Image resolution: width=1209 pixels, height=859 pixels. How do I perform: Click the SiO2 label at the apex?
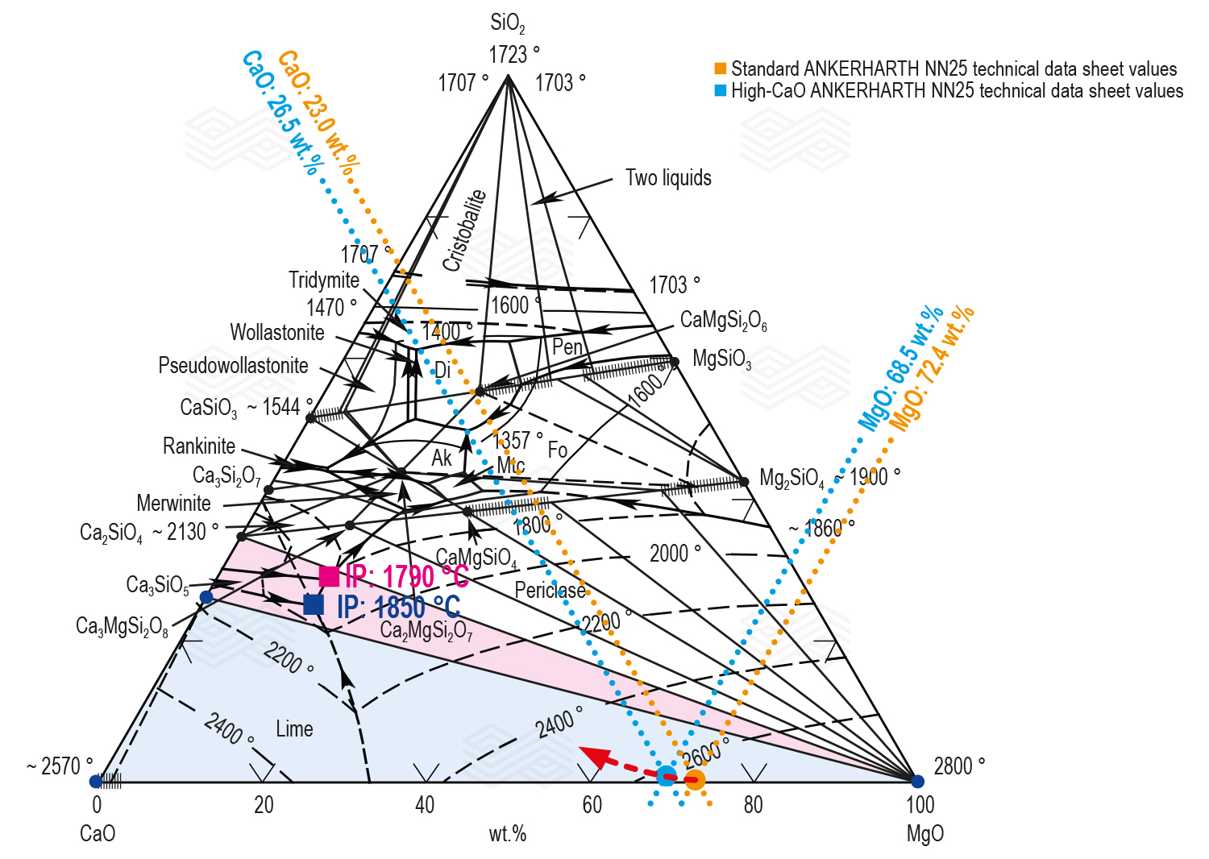click(x=507, y=24)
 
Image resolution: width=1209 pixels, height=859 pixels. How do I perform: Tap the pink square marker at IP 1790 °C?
click(x=329, y=576)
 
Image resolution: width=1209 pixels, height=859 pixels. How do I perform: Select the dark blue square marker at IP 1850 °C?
click(x=314, y=604)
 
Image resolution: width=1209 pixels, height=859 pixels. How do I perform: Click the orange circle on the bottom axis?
click(x=694, y=779)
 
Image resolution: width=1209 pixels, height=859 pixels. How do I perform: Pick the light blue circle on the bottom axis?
click(x=666, y=777)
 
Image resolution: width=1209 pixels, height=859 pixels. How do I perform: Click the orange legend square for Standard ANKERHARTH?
click(x=721, y=68)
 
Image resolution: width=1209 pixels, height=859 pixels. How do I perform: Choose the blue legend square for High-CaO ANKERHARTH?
click(x=721, y=90)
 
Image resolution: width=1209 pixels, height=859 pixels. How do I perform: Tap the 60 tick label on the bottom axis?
click(x=592, y=805)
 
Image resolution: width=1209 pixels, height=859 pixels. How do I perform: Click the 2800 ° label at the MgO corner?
click(x=958, y=766)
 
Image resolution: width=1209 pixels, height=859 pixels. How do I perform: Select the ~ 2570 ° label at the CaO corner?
click(x=59, y=766)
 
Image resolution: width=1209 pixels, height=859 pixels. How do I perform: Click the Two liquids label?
click(x=668, y=178)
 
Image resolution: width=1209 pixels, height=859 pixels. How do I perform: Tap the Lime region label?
click(x=294, y=729)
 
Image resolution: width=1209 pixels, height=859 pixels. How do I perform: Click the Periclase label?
click(x=550, y=591)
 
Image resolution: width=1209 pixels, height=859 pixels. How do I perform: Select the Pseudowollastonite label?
click(x=233, y=366)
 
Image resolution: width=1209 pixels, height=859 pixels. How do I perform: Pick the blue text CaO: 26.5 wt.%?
click(x=282, y=113)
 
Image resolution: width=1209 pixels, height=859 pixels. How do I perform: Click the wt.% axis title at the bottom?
click(x=507, y=834)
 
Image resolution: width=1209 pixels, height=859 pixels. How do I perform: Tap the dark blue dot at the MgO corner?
click(x=917, y=781)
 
